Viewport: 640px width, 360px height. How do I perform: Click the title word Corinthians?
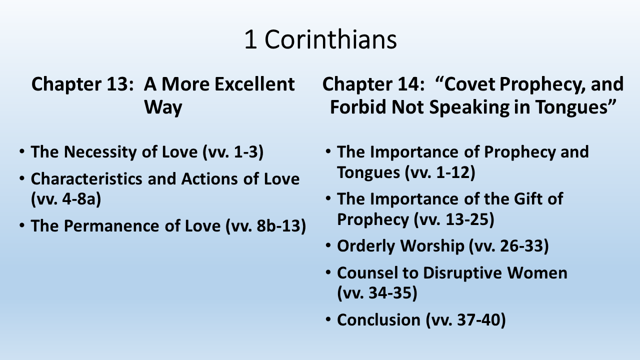330,39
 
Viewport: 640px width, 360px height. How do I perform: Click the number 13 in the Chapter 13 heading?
117,84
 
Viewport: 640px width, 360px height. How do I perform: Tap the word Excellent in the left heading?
254,84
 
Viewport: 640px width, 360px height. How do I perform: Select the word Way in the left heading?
163,107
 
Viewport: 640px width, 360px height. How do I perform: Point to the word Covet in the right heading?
466,84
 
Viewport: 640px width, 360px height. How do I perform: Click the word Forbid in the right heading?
358,107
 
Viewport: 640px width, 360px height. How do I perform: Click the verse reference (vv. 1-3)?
233,151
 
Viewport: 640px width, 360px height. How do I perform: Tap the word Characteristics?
86,179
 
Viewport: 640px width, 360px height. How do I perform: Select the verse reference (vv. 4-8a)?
66,198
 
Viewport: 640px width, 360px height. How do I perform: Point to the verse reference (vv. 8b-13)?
265,225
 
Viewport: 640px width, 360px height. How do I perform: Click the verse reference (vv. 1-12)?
440,172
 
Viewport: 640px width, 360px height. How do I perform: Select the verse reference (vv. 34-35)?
377,293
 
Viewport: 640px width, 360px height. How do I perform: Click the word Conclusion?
378,319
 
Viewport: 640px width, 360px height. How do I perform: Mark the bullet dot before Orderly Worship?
328,245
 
